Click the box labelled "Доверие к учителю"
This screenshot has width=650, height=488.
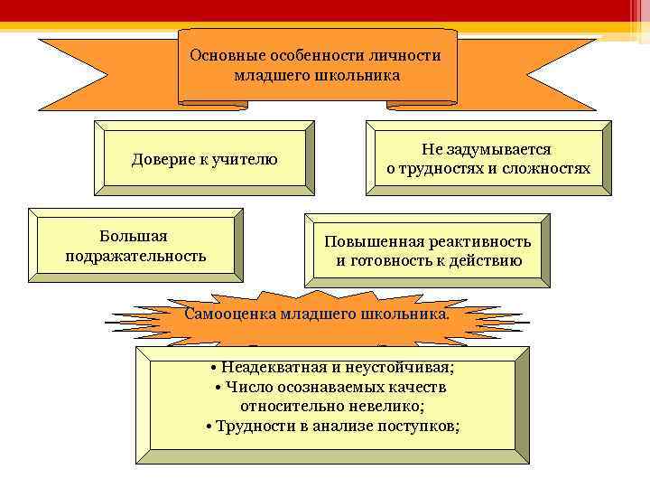click(x=205, y=160)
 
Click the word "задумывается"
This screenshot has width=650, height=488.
click(x=495, y=149)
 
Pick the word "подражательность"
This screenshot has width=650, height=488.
click(x=135, y=256)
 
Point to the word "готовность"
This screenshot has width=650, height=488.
click(x=396, y=262)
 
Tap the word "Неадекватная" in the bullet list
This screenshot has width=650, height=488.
click(x=267, y=368)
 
